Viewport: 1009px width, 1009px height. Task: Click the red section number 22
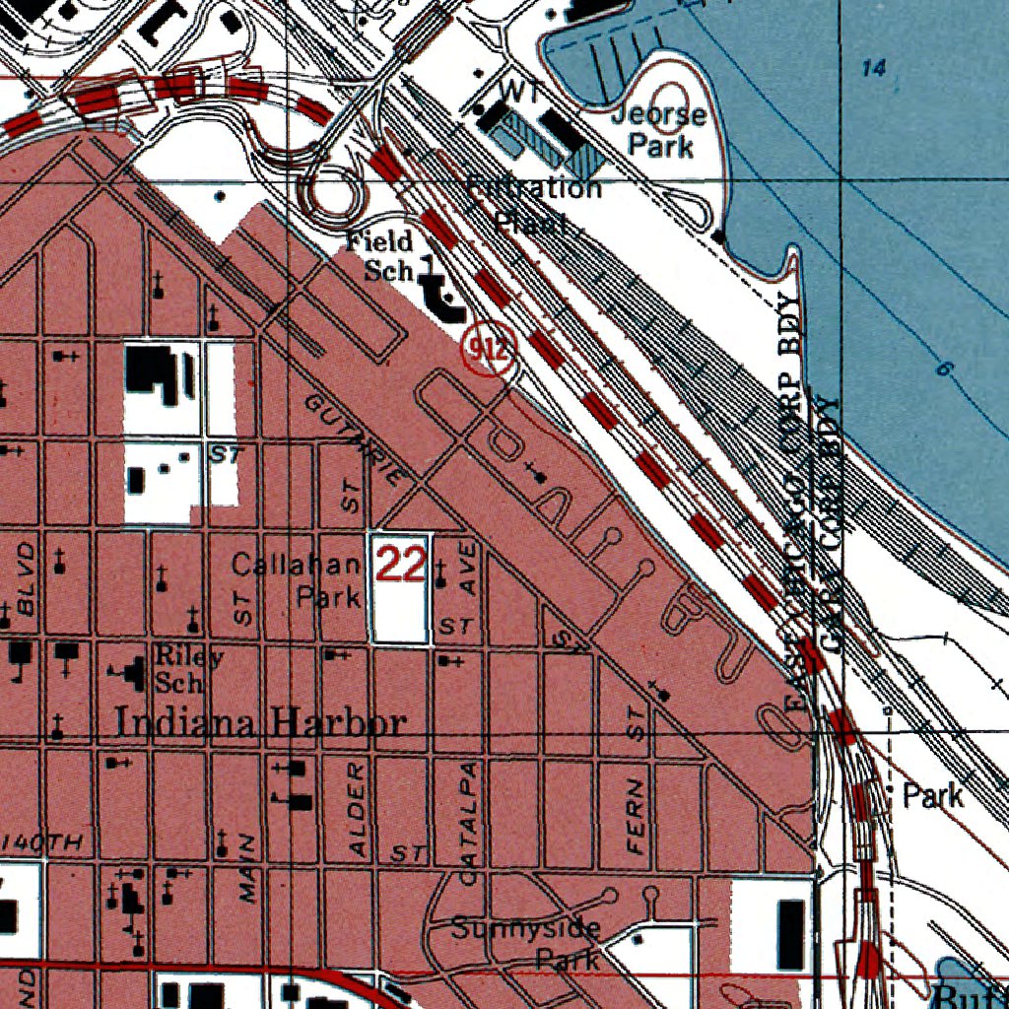401,566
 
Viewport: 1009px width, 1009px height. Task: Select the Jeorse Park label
659,130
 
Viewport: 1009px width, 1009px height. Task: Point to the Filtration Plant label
533,204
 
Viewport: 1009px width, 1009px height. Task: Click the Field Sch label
379,256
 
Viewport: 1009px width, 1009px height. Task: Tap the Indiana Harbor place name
260,723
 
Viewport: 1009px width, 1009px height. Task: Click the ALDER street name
358,806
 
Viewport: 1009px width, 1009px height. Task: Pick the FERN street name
636,815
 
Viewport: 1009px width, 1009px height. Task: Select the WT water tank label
514,90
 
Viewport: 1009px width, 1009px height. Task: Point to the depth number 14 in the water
873,68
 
